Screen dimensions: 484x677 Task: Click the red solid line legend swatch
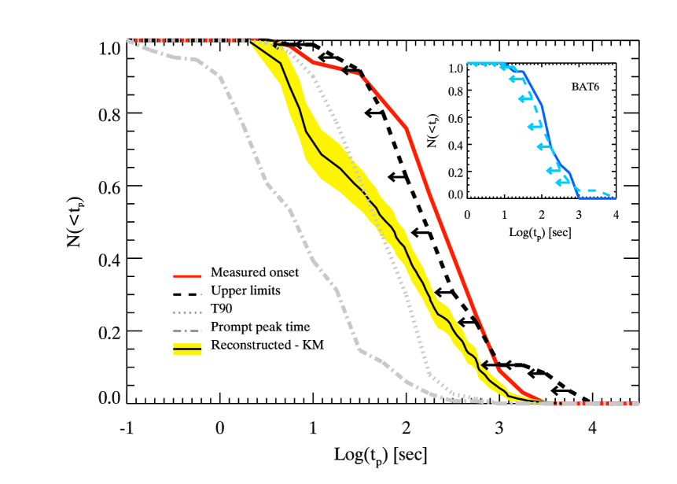pos(187,276)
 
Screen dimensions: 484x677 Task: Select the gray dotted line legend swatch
pos(187,312)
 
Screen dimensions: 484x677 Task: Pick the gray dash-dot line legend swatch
pos(187,331)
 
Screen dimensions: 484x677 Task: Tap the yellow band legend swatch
pos(187,349)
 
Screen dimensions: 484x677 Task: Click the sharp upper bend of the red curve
pos(406,127)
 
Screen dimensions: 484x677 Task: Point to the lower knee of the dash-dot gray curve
pos(359,349)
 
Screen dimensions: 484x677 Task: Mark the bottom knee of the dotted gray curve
pos(429,375)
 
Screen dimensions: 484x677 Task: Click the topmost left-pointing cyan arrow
pos(515,79)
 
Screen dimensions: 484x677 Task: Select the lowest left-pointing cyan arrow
pos(561,182)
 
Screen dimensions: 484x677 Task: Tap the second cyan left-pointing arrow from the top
pos(524,98)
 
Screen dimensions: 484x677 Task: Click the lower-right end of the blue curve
pos(614,198)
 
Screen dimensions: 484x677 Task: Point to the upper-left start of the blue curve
pos(468,63)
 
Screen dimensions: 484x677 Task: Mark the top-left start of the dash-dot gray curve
pos(128,40)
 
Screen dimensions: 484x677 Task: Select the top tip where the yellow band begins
pos(251,41)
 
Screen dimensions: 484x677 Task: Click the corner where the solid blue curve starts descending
pos(523,72)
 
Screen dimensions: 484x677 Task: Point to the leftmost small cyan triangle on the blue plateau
pos(471,65)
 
